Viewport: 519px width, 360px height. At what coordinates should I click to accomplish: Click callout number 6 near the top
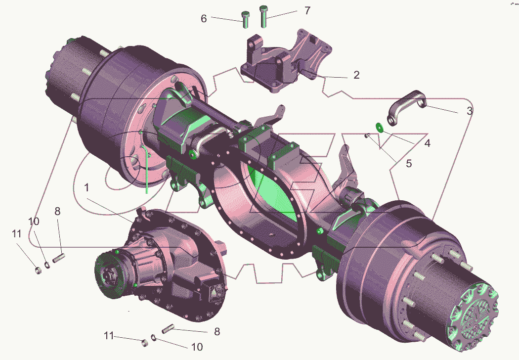204,19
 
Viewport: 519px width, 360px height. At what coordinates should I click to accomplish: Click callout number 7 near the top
307,10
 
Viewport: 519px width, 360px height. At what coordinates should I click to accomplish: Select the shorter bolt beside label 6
246,20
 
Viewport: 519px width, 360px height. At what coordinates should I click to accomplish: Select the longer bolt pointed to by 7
263,16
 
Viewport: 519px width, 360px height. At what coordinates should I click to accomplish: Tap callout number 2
356,75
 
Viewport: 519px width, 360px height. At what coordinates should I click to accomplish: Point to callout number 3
470,111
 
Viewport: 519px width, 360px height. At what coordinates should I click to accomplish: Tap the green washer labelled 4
379,127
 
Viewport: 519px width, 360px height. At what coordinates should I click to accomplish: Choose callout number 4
428,143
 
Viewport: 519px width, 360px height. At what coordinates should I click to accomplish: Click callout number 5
409,164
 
